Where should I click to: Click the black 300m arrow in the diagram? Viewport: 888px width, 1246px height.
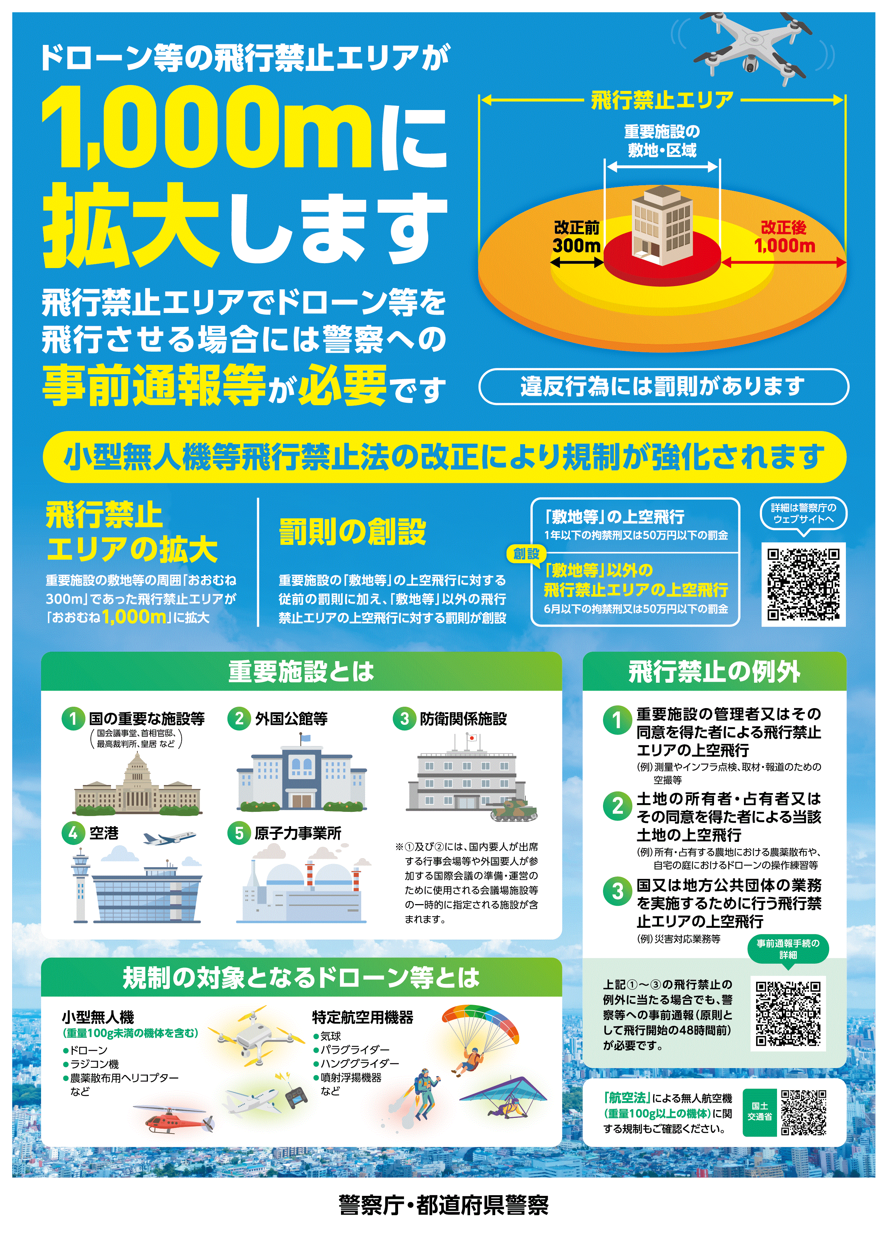(x=577, y=262)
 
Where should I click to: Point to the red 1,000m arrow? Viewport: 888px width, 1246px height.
(x=784, y=262)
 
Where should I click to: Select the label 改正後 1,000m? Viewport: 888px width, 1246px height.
(x=784, y=236)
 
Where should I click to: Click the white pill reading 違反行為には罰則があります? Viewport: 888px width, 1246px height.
(x=663, y=386)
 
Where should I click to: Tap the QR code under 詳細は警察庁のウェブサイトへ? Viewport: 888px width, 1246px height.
(x=803, y=584)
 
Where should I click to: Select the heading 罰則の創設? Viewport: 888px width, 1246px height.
(x=353, y=532)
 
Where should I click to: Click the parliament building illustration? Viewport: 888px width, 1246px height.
(x=137, y=784)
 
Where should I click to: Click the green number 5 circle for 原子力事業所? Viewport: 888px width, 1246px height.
(x=239, y=833)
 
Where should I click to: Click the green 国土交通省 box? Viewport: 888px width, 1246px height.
(x=760, y=1112)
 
